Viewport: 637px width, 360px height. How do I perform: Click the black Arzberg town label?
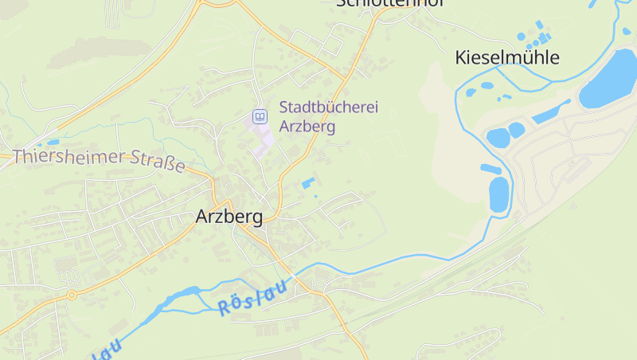pyautogui.click(x=229, y=217)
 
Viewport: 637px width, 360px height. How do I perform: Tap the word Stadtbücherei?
pyautogui.click(x=328, y=108)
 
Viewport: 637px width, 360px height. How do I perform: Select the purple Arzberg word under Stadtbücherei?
pyautogui.click(x=307, y=126)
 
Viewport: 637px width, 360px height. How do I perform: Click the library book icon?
pyautogui.click(x=260, y=117)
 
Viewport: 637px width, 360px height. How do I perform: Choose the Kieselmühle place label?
pyautogui.click(x=507, y=57)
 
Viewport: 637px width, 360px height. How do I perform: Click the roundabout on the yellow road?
pyautogui.click(x=72, y=295)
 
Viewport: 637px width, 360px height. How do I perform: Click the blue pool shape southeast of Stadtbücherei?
pyautogui.click(x=307, y=184)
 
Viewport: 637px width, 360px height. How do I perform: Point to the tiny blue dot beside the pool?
pyautogui.click(x=316, y=196)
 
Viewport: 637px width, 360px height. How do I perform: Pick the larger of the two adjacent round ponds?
pyautogui.click(x=498, y=138)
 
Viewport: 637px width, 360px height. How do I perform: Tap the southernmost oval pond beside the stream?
pyautogui.click(x=498, y=194)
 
